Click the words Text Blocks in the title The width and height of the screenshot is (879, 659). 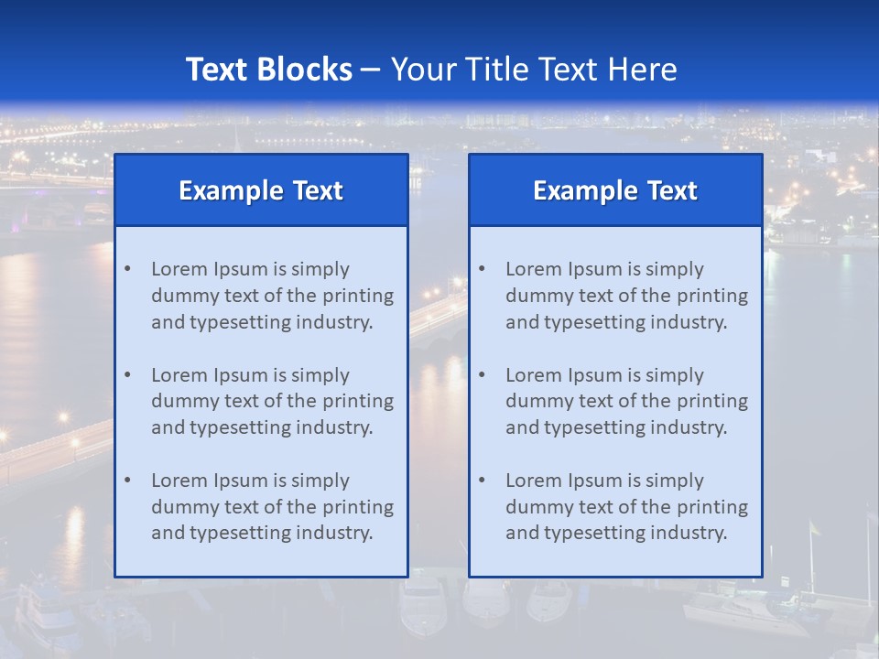[x=268, y=70]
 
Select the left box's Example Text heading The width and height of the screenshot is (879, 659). [x=261, y=190]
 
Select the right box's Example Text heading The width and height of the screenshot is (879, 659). [x=615, y=190]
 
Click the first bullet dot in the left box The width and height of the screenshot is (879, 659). [x=127, y=269]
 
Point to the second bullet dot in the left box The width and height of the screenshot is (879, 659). [x=127, y=375]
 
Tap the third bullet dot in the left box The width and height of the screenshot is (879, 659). [x=127, y=481]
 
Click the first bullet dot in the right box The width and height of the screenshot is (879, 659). [x=482, y=269]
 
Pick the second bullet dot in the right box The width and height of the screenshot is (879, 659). [x=482, y=375]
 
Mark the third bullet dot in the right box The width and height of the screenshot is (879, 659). [x=482, y=481]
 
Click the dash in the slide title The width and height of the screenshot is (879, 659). [x=371, y=70]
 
